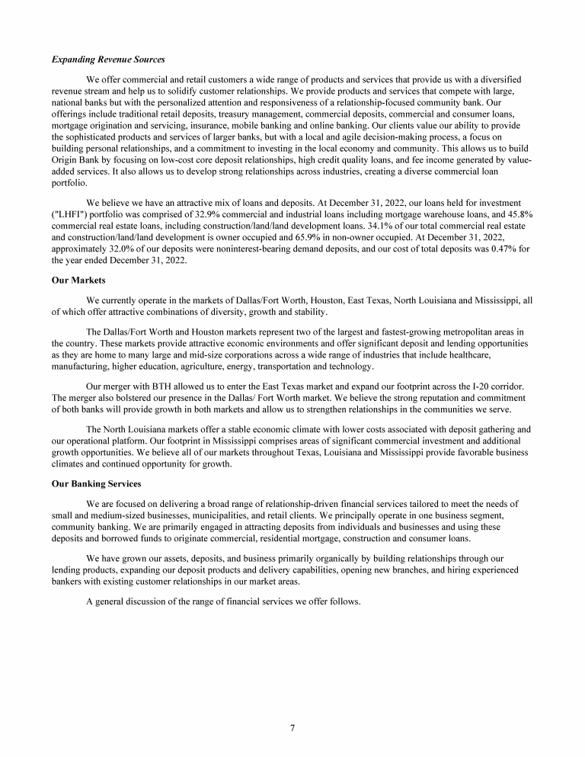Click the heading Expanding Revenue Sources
107,59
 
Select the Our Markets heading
78,281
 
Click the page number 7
292,727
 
